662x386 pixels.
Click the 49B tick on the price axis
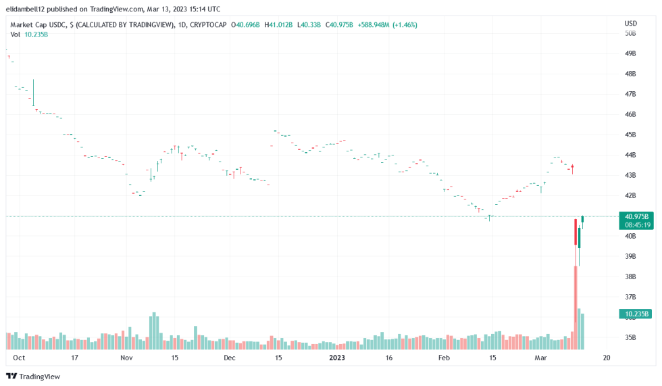coord(630,53)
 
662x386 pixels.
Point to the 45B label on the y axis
coord(630,135)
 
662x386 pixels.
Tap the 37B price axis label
coord(630,297)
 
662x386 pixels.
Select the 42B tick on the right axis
coord(630,195)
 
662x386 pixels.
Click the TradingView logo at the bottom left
coord(32,376)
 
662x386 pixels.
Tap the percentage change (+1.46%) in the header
coord(403,25)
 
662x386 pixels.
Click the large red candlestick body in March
coord(576,232)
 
